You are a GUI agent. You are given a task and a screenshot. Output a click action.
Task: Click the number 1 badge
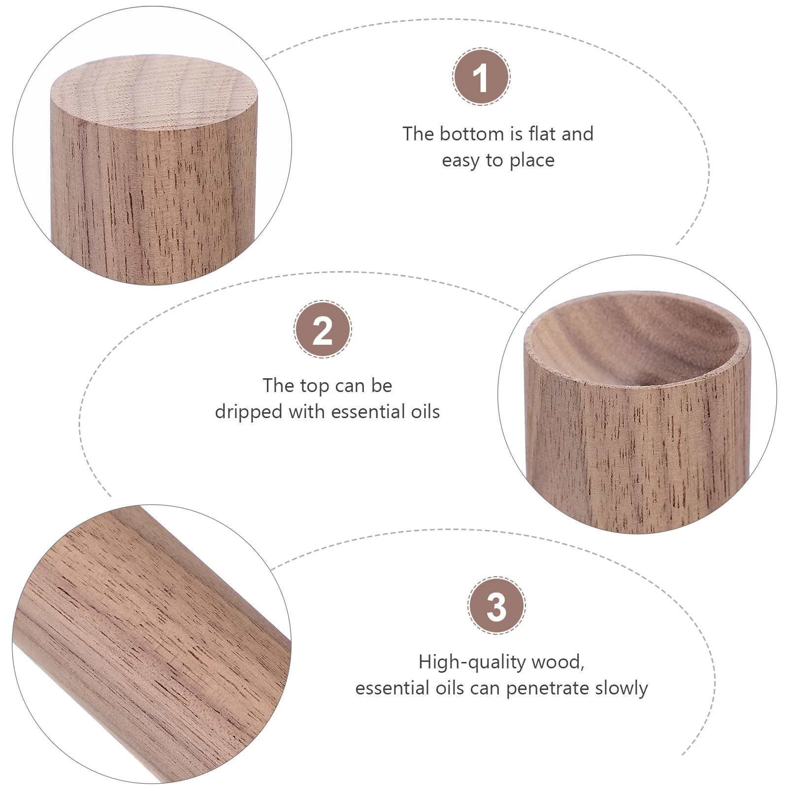[481, 77]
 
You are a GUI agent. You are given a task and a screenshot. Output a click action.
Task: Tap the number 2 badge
[323, 329]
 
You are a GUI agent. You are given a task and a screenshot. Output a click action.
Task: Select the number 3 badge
[496, 606]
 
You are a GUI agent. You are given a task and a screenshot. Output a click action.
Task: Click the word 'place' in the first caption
[532, 161]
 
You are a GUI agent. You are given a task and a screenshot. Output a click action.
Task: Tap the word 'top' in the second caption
[315, 386]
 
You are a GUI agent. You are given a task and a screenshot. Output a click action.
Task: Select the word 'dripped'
[249, 412]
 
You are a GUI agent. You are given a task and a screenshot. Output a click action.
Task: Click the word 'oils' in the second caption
[425, 412]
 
